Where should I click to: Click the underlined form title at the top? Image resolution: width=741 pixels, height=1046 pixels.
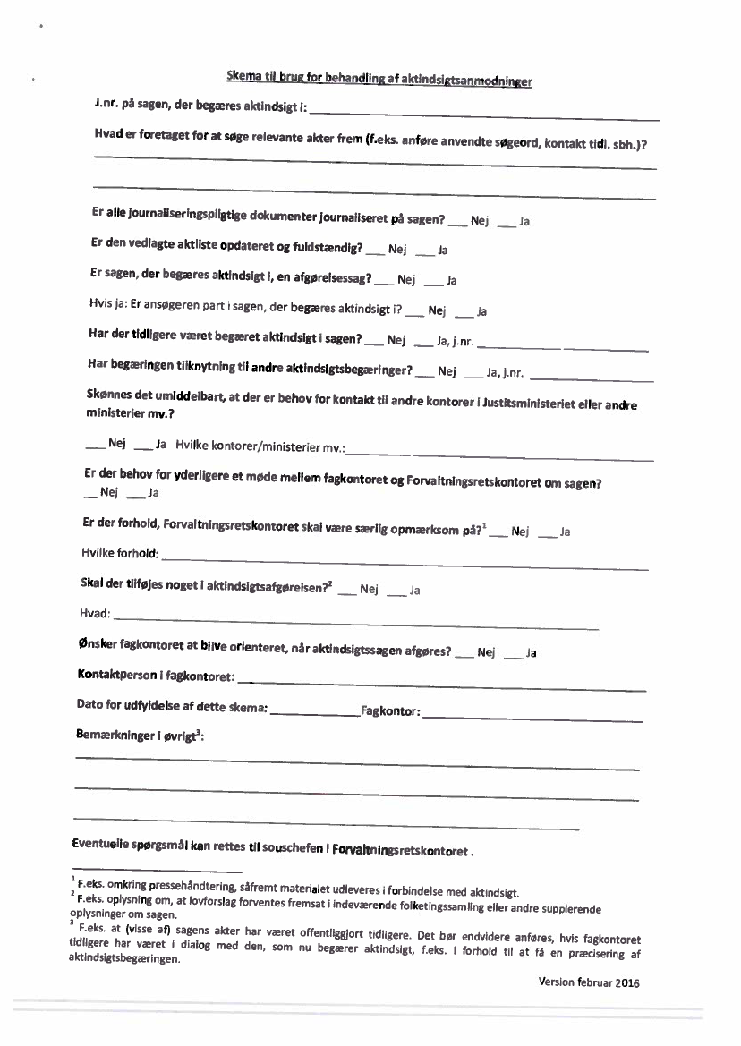pos(379,81)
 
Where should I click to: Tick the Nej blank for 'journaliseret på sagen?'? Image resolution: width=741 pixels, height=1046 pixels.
pos(457,221)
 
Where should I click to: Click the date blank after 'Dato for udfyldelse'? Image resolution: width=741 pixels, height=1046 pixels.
pos(313,714)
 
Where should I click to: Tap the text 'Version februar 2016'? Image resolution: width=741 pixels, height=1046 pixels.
pos(590,982)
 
